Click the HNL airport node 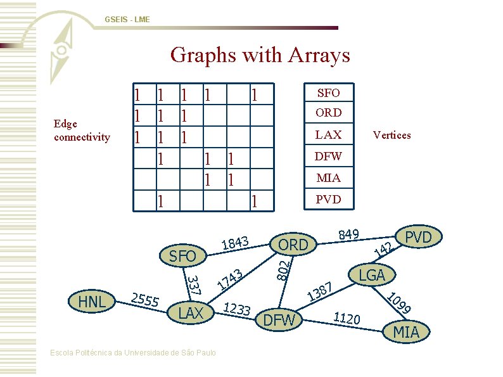point(91,302)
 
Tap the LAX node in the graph point(191,313)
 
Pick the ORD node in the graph point(293,245)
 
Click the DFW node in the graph point(279,321)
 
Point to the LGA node point(372,274)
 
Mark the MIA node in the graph point(406,331)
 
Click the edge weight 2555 point(144,300)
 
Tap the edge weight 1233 point(238,309)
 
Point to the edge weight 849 point(349,235)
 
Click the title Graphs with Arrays point(260,55)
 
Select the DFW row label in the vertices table point(328,156)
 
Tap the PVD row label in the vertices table point(328,199)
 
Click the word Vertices point(392,135)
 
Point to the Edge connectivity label point(82,131)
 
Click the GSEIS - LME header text point(127,20)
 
